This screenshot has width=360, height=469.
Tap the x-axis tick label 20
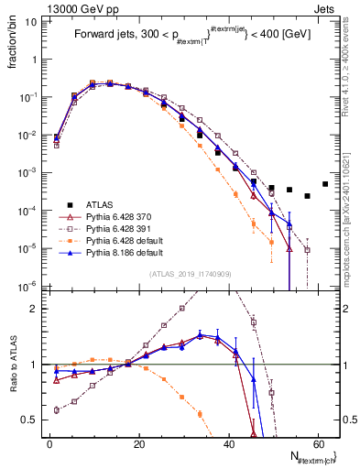pos(138,446)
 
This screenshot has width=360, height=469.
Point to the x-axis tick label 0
pos(49,446)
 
